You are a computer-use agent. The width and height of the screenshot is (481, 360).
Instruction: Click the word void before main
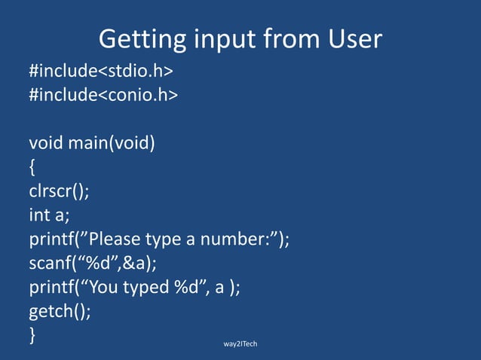[x=47, y=142]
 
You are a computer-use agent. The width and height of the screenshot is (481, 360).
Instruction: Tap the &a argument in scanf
[x=136, y=263]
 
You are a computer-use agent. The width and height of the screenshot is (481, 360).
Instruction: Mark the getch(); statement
[x=60, y=311]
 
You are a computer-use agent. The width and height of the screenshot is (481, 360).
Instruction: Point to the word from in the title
[x=284, y=38]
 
